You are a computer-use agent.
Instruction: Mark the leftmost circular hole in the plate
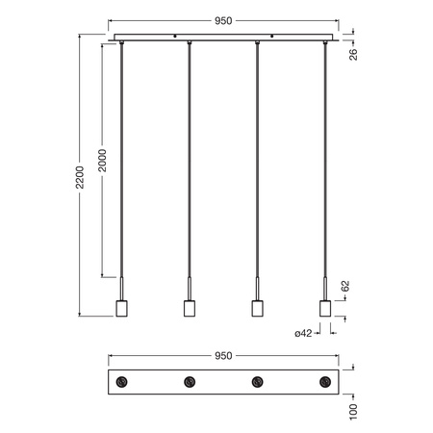pos(121,383)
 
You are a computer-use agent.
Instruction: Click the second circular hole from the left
pos(189,383)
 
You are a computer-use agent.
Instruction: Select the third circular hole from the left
pos(257,383)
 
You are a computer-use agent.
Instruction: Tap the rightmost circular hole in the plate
pos(324,383)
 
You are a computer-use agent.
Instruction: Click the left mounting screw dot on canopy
pos(174,38)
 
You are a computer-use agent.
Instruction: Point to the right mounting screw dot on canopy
pos(272,38)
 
